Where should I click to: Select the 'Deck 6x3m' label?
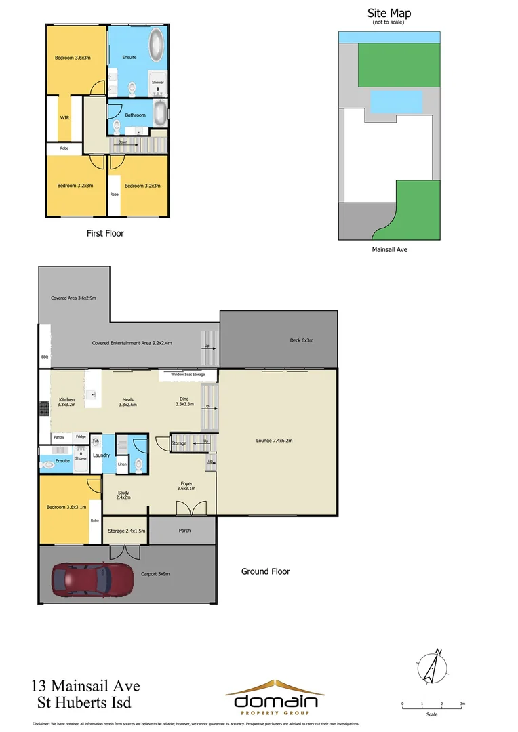[x=301, y=340]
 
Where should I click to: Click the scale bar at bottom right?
[x=432, y=705]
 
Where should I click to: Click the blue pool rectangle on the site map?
[x=396, y=102]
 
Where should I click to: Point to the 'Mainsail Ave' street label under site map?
[x=389, y=249]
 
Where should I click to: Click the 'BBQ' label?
[x=45, y=355]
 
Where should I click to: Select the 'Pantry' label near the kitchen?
[x=59, y=437]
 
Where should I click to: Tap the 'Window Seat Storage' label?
[x=188, y=374]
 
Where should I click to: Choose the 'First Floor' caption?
[x=105, y=233]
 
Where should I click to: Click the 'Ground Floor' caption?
[x=265, y=571]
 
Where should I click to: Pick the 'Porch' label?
[x=184, y=531]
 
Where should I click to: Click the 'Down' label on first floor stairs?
[x=123, y=142]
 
